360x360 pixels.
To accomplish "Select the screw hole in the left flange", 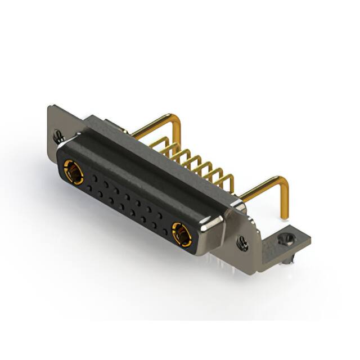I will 57,135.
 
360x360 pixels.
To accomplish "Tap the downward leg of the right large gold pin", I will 285,202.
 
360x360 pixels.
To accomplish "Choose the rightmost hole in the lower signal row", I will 165,231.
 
